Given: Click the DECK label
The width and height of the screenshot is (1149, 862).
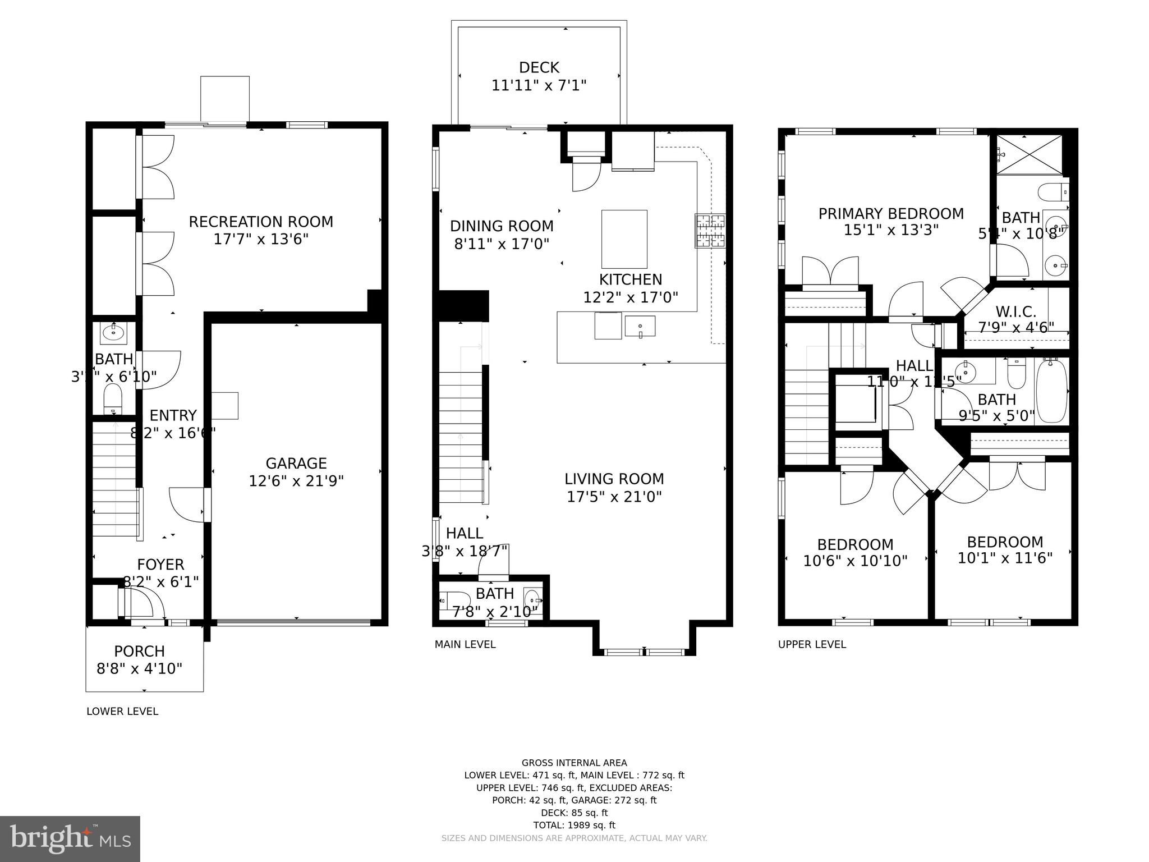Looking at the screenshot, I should coord(539,68).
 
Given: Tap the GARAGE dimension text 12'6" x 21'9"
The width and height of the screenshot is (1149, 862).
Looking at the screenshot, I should coord(296,481).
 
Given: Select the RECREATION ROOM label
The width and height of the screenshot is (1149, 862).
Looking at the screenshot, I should coord(260,222).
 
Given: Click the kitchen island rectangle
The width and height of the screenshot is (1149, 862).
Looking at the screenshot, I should coord(624,239).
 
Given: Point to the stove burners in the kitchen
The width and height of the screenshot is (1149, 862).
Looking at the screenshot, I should coord(710,231).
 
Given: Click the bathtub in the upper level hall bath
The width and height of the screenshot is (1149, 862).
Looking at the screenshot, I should coord(1051,391).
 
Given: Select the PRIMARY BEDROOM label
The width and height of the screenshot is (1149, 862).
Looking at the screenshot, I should coord(890,214).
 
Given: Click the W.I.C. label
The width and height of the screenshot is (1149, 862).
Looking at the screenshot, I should coord(1015,311).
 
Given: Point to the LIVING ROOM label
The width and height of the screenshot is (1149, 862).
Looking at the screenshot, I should coord(614,479).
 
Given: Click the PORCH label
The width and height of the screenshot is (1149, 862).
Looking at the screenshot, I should coord(139,651).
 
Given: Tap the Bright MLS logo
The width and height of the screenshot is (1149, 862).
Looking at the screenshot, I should coord(70,838).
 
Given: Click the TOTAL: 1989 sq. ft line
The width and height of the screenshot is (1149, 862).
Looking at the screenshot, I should coord(574,825).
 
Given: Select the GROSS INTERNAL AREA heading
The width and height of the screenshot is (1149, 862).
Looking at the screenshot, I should coord(574,763).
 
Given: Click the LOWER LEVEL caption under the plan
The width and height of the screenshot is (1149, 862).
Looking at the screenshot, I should coord(122,711).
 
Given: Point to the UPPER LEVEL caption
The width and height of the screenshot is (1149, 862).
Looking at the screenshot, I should coord(811,644).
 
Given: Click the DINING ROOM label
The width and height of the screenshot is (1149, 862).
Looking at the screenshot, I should coord(502,226).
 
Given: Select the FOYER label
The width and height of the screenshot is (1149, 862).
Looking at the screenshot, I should coord(160,564).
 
